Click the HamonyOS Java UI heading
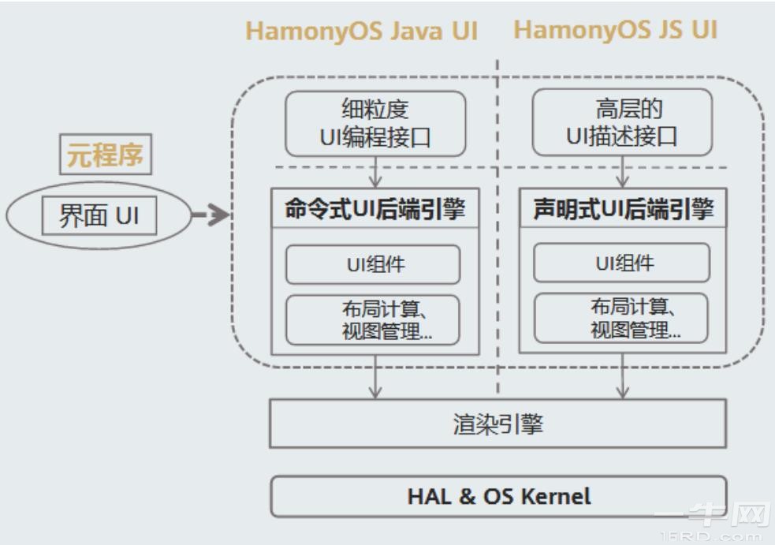point(362,32)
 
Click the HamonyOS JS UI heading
point(616,31)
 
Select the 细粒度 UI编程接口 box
point(375,123)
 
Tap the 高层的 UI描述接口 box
point(622,123)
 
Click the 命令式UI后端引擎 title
point(374,210)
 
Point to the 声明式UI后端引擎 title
point(623,210)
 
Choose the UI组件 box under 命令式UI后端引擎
point(372,264)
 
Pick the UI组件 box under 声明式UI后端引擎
point(621,263)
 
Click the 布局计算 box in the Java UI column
point(372,319)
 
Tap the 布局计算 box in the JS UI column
point(621,319)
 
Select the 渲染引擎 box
point(498,424)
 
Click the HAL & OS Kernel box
point(498,496)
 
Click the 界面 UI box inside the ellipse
point(99,215)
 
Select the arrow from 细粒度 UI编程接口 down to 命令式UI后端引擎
point(375,171)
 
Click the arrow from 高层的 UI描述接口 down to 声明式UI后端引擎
point(623,171)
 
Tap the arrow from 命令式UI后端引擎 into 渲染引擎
point(375,377)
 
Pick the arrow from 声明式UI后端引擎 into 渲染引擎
point(623,377)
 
